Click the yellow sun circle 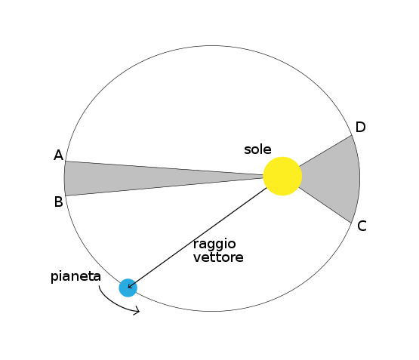(282, 177)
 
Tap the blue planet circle (128, 288)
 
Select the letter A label (59, 155)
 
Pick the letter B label (59, 202)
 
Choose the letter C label (362, 226)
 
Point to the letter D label (360, 127)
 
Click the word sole (257, 149)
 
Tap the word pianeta (75, 277)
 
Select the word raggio (214, 245)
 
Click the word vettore (218, 257)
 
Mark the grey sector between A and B (134, 178)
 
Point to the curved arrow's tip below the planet (139, 311)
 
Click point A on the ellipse (66, 161)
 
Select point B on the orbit (66, 196)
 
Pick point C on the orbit (350, 223)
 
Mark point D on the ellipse (351, 135)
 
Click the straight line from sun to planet (198, 238)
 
